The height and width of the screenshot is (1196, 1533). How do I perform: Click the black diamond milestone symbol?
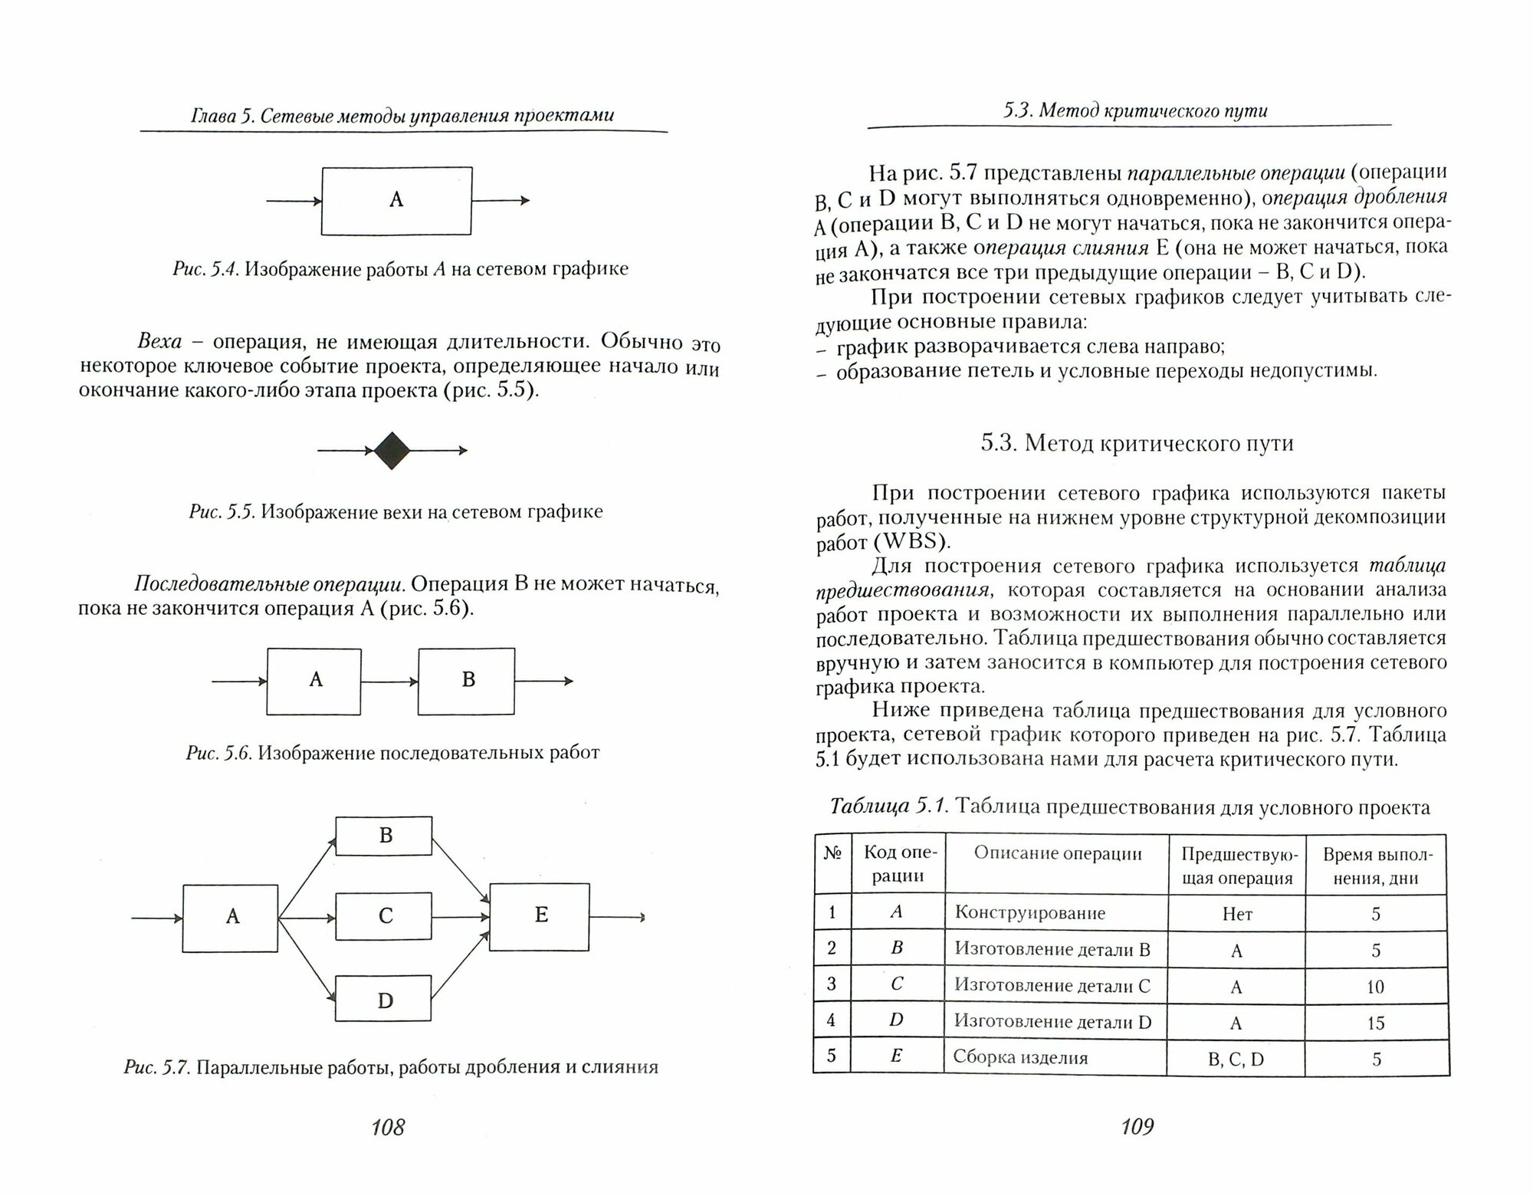392,451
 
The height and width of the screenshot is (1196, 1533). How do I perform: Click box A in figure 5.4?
396,201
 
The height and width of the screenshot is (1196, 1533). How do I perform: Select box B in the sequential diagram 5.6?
466,681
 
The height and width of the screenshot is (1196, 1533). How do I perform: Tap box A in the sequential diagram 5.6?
314,681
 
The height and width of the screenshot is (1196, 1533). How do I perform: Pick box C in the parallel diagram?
384,916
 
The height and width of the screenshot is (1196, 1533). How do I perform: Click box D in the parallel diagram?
384,1000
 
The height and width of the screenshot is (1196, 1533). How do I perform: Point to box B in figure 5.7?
384,836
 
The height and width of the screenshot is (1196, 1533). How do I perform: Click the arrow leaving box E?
617,917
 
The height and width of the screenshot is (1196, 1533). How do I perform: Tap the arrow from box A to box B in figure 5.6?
389,681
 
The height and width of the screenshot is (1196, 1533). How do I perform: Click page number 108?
387,1127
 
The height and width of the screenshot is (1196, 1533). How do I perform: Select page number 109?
1137,1126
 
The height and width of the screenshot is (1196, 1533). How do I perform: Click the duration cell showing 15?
1375,1023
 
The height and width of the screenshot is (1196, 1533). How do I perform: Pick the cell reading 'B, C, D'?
1236,1060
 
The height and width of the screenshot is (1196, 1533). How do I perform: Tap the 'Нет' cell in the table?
1236,914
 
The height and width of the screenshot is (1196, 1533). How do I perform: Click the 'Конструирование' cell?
1030,913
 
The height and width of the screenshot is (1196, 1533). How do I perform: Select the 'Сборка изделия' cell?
1021,1058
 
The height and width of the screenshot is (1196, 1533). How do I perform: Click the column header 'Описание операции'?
1058,854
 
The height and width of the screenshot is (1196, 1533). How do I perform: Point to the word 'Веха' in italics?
159,342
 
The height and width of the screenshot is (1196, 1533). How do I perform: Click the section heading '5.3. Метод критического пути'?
1137,443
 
